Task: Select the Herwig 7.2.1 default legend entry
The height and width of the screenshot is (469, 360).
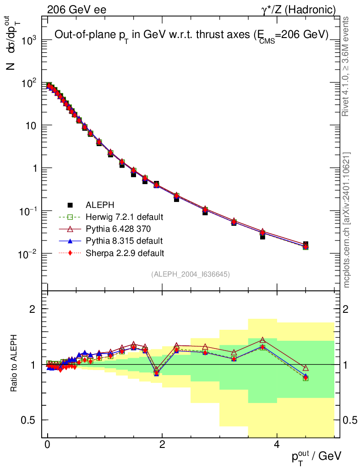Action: coord(124,217)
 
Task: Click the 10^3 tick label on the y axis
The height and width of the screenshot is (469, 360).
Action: coord(28,40)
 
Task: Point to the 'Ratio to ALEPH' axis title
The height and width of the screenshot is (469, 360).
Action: coord(14,364)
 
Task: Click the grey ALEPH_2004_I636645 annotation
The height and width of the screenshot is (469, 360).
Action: coord(190,274)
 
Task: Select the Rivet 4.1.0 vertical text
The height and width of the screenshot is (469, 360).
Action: coord(346,66)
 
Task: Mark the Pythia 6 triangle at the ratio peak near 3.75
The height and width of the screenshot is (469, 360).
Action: coord(262,340)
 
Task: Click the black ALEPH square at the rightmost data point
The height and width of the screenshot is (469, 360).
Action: coord(305,244)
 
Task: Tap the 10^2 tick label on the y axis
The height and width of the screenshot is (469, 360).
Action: coord(28,83)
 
